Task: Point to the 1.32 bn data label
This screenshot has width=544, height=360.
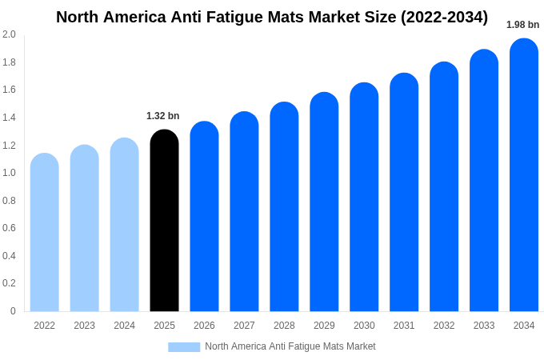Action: click(163, 116)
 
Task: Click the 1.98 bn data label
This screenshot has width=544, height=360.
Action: click(522, 25)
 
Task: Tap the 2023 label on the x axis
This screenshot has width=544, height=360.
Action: click(84, 326)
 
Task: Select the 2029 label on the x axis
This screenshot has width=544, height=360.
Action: click(324, 326)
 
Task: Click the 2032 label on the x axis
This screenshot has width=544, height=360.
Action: click(444, 326)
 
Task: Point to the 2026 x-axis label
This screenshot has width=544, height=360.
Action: click(204, 326)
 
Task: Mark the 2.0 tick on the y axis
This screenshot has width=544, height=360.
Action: click(9, 34)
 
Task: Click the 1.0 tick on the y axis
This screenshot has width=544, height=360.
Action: click(9, 173)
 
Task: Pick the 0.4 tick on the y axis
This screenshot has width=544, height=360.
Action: click(9, 256)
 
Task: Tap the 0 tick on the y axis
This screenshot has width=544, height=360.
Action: click(13, 311)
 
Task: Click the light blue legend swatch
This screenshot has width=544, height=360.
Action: click(184, 346)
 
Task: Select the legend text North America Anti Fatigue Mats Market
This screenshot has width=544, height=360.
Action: click(290, 346)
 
